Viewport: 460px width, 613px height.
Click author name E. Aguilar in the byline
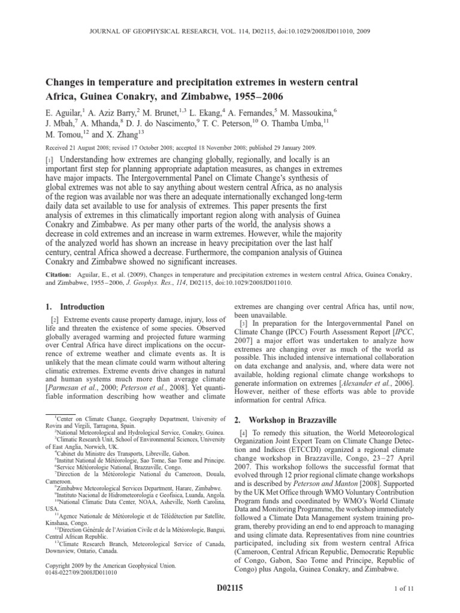click(x=62, y=111)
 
